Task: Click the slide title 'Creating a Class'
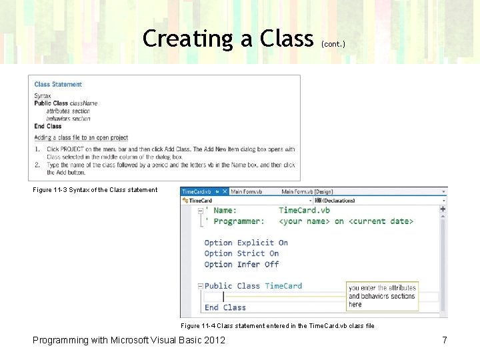[227, 39]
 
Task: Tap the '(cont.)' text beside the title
[333, 44]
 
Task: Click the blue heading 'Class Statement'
[58, 85]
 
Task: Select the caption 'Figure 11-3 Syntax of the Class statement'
[95, 190]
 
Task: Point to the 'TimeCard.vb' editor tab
[197, 192]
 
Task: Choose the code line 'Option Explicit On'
[246, 243]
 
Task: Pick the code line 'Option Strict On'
[241, 253]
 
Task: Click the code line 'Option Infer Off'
[241, 264]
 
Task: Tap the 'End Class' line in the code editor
[225, 307]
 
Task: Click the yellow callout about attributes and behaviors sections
[382, 296]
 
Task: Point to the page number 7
[444, 341]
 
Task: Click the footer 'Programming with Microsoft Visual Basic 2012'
[129, 341]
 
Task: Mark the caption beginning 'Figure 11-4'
[277, 326]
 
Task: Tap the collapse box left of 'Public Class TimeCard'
[200, 286]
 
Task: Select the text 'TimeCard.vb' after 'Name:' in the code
[304, 211]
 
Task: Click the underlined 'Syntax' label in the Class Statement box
[43, 96]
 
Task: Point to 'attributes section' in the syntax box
[68, 111]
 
